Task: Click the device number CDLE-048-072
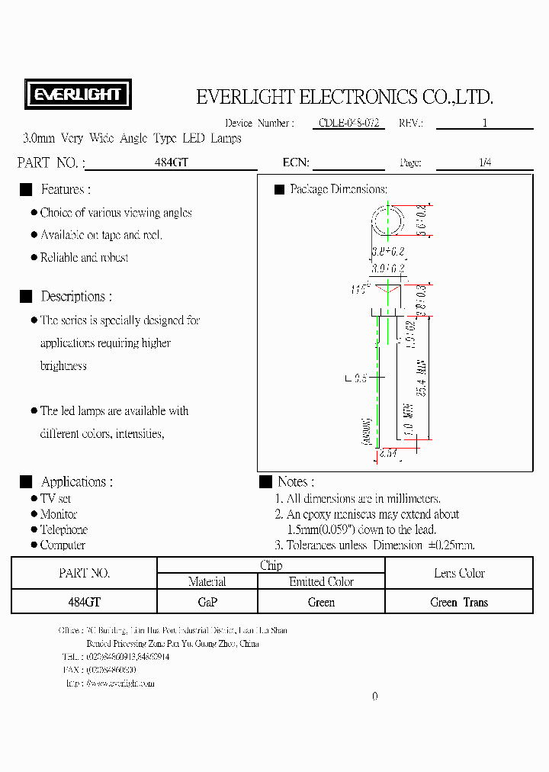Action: pos(352,123)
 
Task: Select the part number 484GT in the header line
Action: pos(171,162)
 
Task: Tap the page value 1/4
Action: pos(485,162)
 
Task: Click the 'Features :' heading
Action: pos(66,189)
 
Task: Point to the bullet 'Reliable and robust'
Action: pos(84,258)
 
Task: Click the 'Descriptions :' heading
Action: pos(76,297)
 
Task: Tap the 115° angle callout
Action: pos(359,289)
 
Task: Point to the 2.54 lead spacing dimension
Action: pos(389,453)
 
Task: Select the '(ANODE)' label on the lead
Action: pos(367,432)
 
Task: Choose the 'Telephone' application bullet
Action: pos(64,529)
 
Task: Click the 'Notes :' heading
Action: pos(296,482)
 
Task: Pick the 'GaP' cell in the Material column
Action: pos(207,602)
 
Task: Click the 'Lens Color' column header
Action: pos(459,573)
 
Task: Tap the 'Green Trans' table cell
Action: pos(459,602)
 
